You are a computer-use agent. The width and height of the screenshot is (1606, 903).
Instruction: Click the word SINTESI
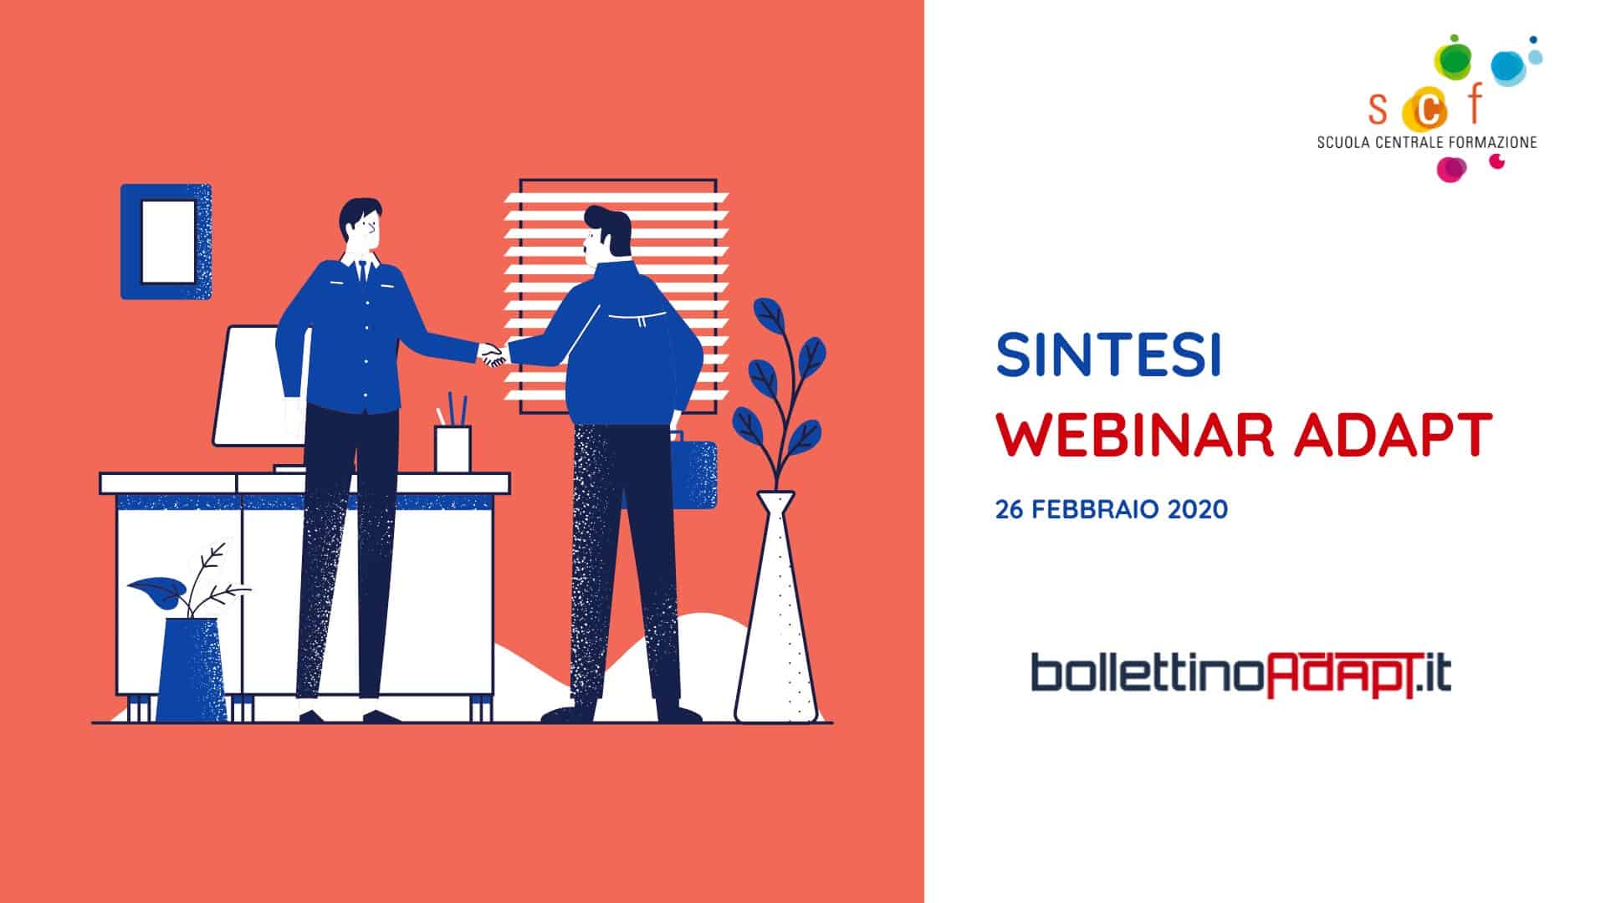(x=1108, y=355)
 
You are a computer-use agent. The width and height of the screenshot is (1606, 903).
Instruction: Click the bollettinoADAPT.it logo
(x=1241, y=676)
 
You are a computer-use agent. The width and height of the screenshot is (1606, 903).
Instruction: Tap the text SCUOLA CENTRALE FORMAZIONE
(x=1427, y=142)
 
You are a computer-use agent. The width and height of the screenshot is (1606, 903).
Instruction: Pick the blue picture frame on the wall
(x=166, y=242)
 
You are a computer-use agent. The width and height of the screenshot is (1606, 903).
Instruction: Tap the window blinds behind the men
(x=617, y=297)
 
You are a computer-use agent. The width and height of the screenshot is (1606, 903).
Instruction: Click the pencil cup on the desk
(x=453, y=449)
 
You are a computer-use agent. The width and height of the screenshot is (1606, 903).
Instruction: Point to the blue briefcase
(x=693, y=473)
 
